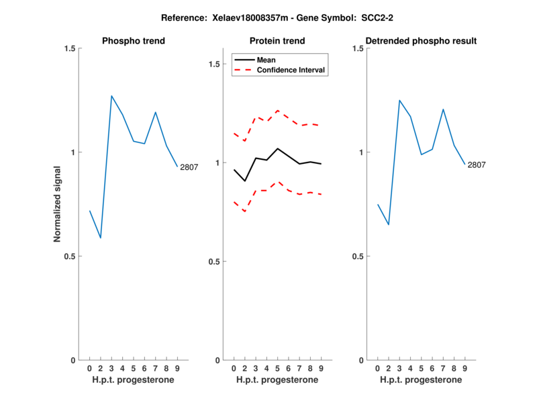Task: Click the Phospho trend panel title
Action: click(133, 41)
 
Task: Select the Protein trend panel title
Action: click(277, 41)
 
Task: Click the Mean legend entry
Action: click(266, 60)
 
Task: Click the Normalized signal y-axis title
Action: click(57, 204)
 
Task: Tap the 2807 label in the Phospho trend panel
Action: click(189, 167)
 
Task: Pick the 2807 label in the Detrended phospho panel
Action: click(477, 165)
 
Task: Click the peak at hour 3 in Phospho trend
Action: click(111, 96)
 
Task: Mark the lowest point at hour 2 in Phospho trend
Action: click(101, 238)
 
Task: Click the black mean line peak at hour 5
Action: click(277, 148)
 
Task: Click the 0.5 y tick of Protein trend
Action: click(214, 261)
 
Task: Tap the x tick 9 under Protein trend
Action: click(321, 369)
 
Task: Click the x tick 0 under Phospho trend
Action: click(89, 369)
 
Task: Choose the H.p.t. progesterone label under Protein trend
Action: click(277, 380)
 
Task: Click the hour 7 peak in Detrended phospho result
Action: click(443, 109)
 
